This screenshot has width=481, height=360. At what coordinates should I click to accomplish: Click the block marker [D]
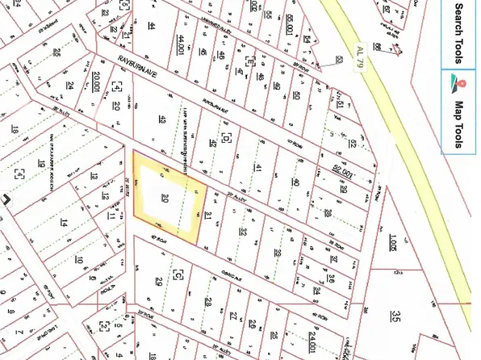pyautogui.click(x=226, y=138)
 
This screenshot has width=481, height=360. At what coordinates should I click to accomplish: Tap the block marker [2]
pyautogui.click(x=104, y=326)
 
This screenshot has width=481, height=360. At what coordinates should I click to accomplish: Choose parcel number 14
pyautogui.click(x=62, y=222)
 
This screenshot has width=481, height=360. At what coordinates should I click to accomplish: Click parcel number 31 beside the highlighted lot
pyautogui.click(x=208, y=215)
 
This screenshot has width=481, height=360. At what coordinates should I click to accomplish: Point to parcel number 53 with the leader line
pyautogui.click(x=339, y=60)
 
